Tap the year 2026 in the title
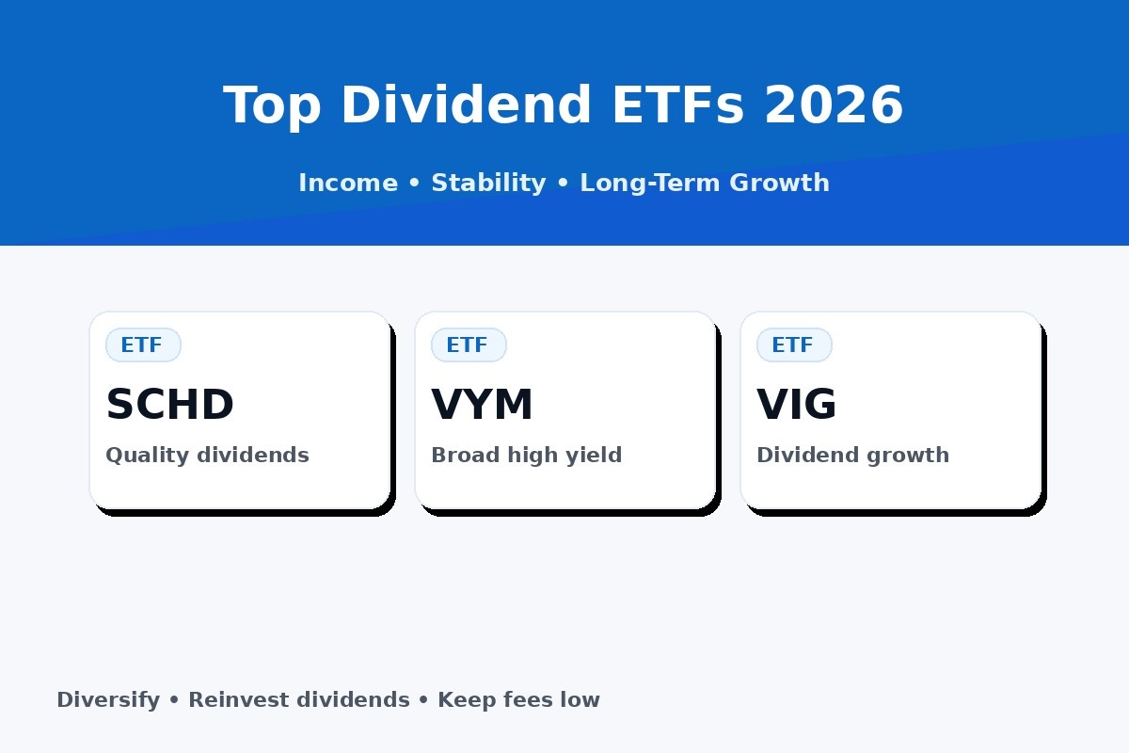834,105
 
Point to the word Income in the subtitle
347,183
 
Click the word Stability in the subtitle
488,183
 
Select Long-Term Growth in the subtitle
704,183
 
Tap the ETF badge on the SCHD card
142,345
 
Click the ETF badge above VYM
468,345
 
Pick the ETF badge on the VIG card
793,345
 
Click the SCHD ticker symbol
169,406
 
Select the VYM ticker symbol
482,406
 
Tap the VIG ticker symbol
796,406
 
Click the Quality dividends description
207,456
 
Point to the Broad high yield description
526,456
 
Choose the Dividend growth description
852,456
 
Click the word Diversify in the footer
108,700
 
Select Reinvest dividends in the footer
298,700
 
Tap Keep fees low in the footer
518,700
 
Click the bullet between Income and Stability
414,184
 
